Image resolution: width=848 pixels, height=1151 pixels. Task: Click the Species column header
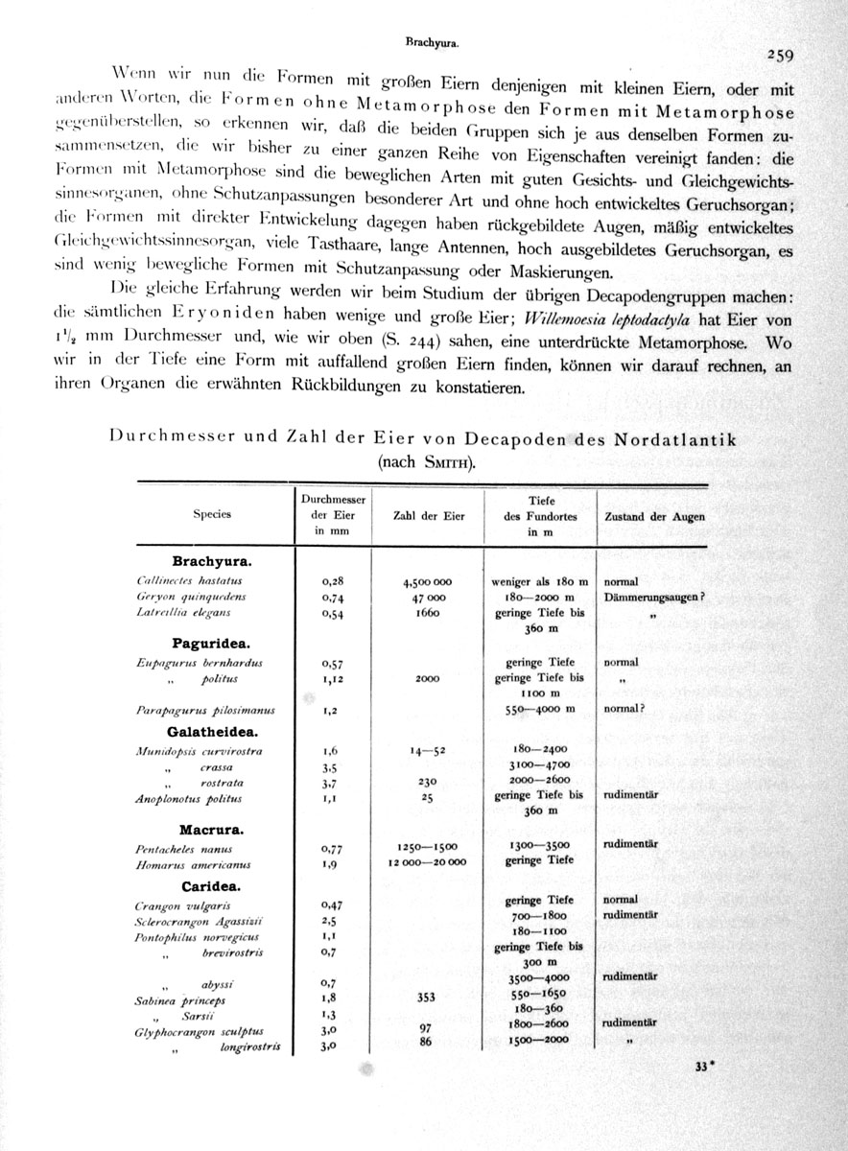point(212,514)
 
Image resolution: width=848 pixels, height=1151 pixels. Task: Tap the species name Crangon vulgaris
point(183,905)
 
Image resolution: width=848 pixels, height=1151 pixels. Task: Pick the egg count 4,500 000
point(429,581)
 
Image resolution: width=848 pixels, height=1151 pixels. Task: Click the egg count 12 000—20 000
point(429,862)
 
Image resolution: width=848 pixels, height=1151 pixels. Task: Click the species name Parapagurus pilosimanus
point(205,711)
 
